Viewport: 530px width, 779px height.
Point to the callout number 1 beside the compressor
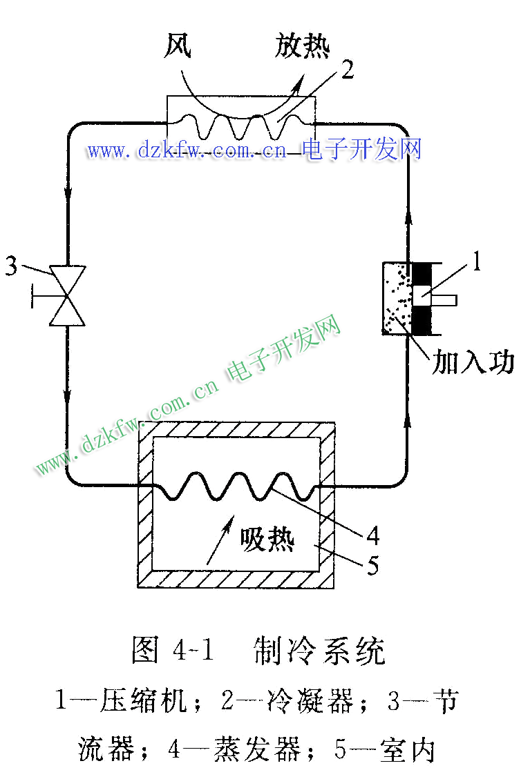point(477,260)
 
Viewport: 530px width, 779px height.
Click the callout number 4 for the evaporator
point(372,535)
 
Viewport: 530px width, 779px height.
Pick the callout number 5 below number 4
point(372,565)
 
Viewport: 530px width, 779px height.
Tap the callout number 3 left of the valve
point(12,266)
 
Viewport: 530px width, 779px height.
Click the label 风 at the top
point(178,46)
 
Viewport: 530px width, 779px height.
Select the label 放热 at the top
point(302,46)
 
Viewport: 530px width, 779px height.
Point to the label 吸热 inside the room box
point(267,539)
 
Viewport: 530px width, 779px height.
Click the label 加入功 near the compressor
point(473,361)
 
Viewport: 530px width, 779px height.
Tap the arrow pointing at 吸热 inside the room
point(220,540)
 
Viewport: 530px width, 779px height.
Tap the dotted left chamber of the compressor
point(397,298)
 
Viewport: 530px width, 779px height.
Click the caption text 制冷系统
point(319,651)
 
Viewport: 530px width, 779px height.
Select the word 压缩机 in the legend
point(144,700)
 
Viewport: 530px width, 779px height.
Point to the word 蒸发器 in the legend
point(257,749)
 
